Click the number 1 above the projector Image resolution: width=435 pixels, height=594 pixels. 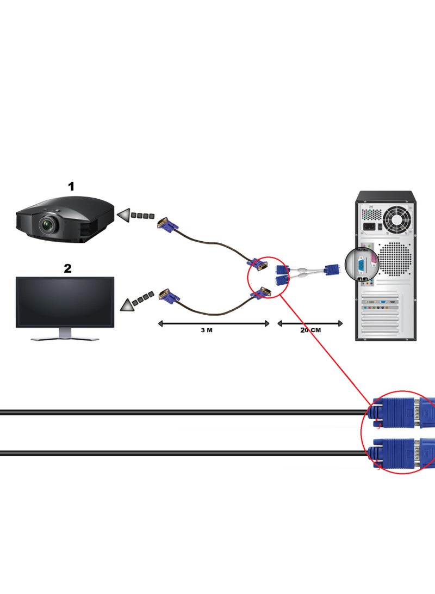click(71, 187)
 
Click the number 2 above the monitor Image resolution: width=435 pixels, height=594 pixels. click(67, 268)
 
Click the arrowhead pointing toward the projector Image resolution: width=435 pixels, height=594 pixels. click(125, 216)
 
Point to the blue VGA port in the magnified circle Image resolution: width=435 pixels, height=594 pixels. click(361, 265)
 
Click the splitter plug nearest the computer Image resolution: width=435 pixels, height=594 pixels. click(332, 269)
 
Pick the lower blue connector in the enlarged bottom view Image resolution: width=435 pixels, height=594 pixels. click(396, 452)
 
